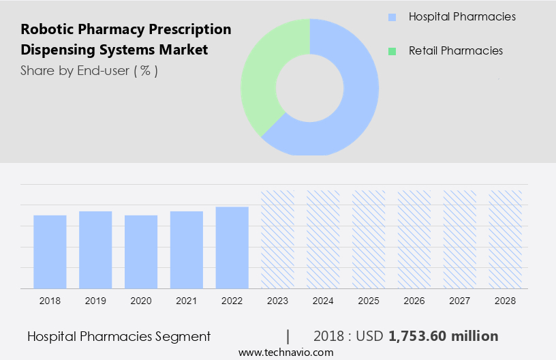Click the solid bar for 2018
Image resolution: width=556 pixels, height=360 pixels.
50,252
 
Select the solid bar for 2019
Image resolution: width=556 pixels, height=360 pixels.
95,250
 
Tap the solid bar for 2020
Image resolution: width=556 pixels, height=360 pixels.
141,252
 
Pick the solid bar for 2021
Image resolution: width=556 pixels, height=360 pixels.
187,250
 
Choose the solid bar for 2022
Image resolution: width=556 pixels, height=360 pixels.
232,247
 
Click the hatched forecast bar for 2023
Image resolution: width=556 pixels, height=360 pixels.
278,239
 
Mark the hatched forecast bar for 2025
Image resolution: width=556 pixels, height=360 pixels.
369,239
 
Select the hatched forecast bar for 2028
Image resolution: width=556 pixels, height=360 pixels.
506,239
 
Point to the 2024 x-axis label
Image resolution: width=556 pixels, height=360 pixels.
323,300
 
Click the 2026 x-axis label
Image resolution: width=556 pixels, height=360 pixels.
414,300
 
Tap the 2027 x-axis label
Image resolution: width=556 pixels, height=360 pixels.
460,300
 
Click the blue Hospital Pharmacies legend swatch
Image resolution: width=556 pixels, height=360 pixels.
392,17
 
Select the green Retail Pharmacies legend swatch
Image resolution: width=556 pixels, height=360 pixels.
392,51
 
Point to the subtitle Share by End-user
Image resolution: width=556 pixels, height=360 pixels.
89,70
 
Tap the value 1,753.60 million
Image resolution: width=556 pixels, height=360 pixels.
443,336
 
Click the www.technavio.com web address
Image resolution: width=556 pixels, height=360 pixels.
285,352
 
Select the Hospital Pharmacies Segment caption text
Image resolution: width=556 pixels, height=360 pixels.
119,336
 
